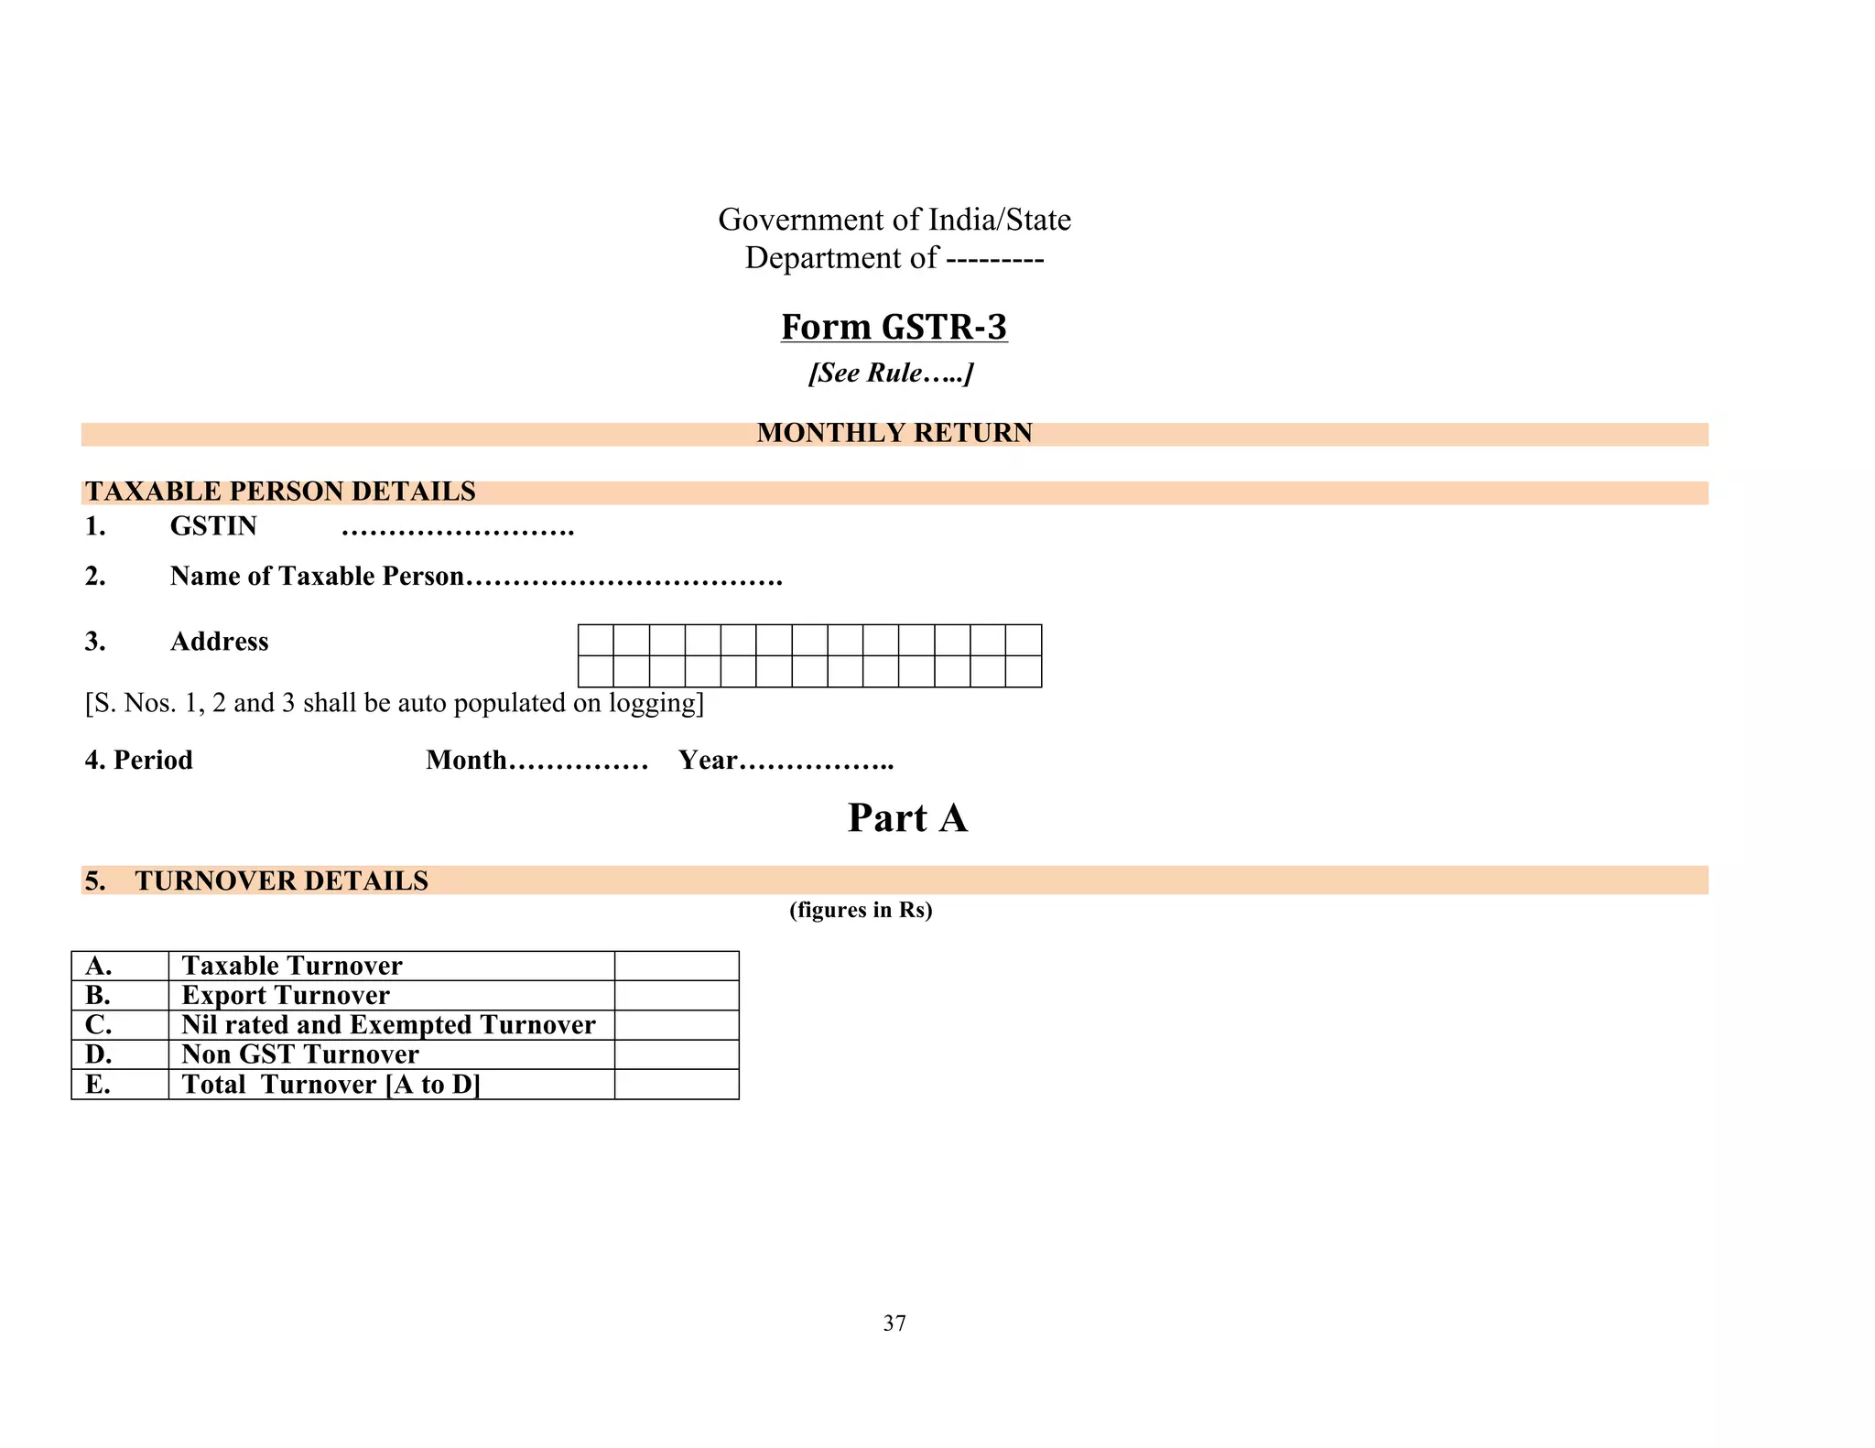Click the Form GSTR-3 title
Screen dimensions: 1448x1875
[x=894, y=327]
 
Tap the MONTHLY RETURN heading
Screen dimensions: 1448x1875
[x=894, y=433]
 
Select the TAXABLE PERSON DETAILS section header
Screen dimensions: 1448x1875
[x=280, y=492]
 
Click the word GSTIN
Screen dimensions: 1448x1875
[x=213, y=526]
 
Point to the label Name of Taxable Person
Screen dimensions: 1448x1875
[x=317, y=576]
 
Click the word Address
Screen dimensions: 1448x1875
[x=219, y=642]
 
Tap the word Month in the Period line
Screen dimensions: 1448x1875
[x=466, y=760]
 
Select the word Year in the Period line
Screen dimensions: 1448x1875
[x=708, y=760]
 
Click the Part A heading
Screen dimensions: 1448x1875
[x=907, y=817]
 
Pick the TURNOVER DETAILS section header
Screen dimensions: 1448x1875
[x=281, y=881]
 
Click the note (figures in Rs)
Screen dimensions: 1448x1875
[x=861, y=910]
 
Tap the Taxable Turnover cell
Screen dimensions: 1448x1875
[x=292, y=966]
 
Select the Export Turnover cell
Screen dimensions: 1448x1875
[x=286, y=995]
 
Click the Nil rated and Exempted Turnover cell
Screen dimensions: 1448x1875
[x=388, y=1024]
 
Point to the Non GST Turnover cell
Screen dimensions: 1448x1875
[x=300, y=1054]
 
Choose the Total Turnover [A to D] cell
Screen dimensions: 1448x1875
[x=331, y=1085]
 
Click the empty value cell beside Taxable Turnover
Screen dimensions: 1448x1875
[x=677, y=966]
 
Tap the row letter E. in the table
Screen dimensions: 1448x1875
[x=98, y=1085]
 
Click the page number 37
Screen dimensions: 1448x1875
[x=894, y=1323]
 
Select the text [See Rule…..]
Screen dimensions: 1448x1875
[x=890, y=373]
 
